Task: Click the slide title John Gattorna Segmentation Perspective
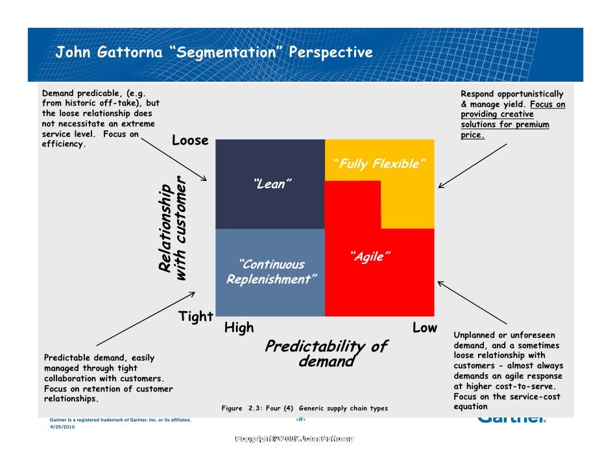pyautogui.click(x=214, y=53)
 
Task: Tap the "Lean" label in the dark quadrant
pyautogui.click(x=269, y=184)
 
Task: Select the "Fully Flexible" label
pyautogui.click(x=379, y=163)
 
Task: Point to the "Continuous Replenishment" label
pyautogui.click(x=272, y=272)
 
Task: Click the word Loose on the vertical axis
pyautogui.click(x=190, y=141)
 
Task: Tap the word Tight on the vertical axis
pyautogui.click(x=196, y=316)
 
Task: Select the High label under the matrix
pyautogui.click(x=239, y=328)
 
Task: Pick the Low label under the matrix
pyautogui.click(x=425, y=328)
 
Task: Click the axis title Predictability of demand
pyautogui.click(x=326, y=354)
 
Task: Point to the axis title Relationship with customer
pyautogui.click(x=173, y=228)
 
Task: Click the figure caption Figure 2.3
pyautogui.click(x=304, y=408)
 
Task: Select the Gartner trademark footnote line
pyautogui.click(x=121, y=420)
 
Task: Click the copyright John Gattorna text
pyautogui.click(x=295, y=439)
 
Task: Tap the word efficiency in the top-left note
pyautogui.click(x=64, y=145)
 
